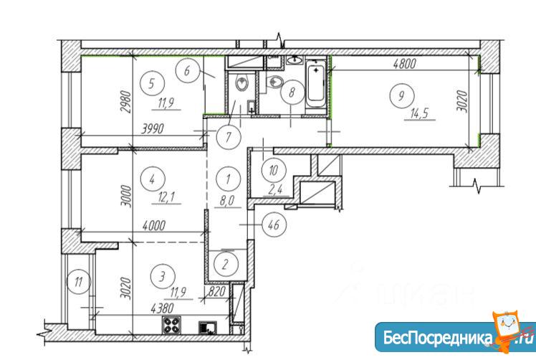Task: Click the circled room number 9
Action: point(401,96)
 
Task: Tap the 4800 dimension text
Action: point(404,64)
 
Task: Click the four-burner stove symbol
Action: point(171,325)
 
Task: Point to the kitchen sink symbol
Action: point(208,328)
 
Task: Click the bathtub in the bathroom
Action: point(316,84)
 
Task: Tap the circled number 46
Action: point(274,225)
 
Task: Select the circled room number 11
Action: point(79,282)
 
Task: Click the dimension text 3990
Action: point(153,128)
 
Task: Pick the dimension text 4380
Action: point(162,308)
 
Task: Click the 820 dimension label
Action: point(216,291)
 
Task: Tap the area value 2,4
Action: point(275,189)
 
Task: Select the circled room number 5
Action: point(152,83)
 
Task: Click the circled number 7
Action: point(229,137)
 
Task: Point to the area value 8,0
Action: point(226,201)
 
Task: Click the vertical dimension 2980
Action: point(126,103)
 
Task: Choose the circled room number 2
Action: point(225,264)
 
